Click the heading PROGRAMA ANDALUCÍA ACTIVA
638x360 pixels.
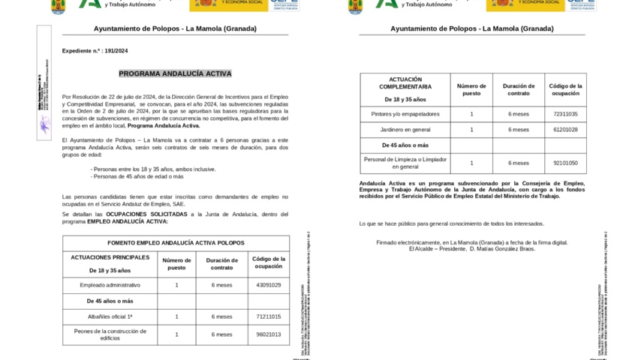coord(175,73)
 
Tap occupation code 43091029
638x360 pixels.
coord(268,285)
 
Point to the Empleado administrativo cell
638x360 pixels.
coord(110,285)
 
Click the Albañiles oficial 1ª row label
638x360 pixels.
coord(110,316)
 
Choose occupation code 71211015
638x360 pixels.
coord(268,316)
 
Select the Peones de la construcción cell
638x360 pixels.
coord(110,334)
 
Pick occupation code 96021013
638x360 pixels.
coord(268,334)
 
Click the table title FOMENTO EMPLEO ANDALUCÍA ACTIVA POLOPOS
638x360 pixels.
coord(176,243)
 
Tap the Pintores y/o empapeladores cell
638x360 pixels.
coord(405,114)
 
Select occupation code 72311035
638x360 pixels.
coord(565,114)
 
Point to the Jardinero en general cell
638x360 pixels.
coord(405,130)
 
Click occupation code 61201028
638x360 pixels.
coord(565,130)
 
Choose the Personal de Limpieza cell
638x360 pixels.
coord(405,163)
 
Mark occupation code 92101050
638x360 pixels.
coord(565,163)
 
